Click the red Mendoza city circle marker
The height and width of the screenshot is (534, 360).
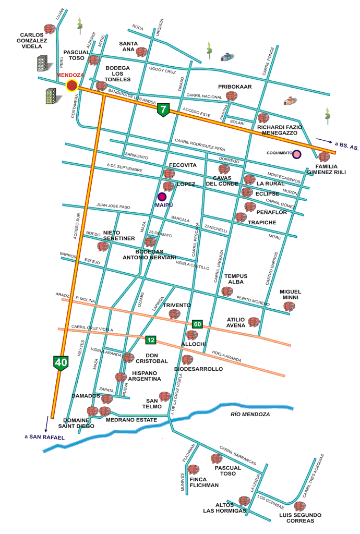[72, 86]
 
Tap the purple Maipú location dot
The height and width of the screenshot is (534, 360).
[162, 197]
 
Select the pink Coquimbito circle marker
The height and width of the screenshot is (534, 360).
[297, 154]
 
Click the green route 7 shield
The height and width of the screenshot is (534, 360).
[164, 110]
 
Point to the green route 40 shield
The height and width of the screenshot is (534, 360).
[61, 363]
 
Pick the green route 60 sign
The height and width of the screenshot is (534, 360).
[197, 324]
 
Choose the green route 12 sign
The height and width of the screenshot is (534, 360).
[151, 340]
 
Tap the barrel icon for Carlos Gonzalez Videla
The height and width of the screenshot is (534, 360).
[50, 29]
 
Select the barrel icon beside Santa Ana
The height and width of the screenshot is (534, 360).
[142, 52]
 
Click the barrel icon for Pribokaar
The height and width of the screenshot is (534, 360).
[232, 96]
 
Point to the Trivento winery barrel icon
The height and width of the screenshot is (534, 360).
[174, 314]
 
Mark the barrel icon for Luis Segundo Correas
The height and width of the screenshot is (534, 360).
[299, 506]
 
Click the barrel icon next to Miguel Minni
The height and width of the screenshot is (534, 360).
[289, 307]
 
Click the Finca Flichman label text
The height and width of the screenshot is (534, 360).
[205, 482]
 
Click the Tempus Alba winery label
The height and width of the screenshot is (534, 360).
[236, 279]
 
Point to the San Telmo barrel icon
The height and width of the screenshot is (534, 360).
[165, 396]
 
